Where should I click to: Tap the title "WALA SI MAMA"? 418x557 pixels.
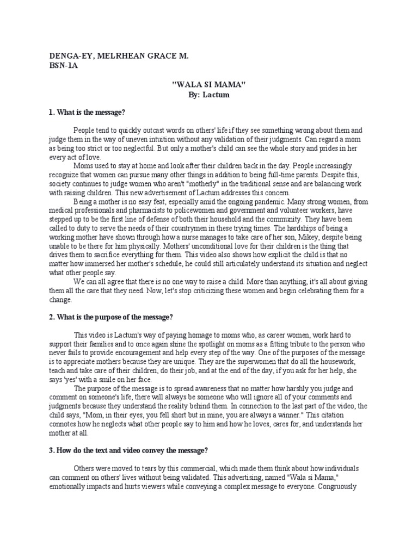coord(209,85)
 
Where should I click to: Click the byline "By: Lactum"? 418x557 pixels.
coord(210,95)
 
